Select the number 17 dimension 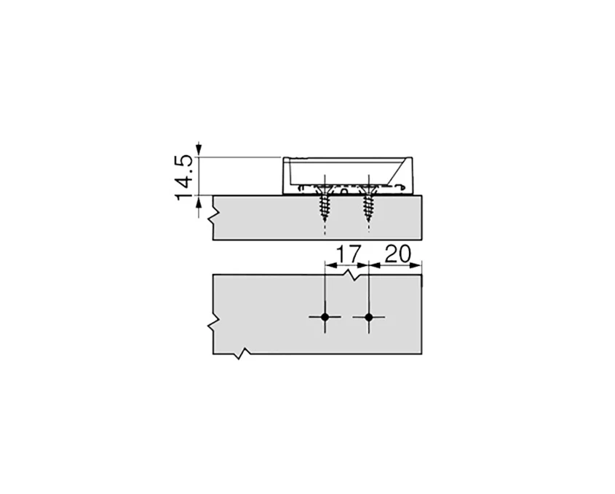pyautogui.click(x=346, y=254)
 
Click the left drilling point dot pyautogui.click(x=325, y=317)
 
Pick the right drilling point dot pyautogui.click(x=369, y=317)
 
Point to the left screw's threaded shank pyautogui.click(x=322, y=211)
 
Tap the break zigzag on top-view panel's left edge pyautogui.click(x=213, y=322)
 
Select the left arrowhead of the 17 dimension pyautogui.click(x=328, y=267)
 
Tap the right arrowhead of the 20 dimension pyautogui.click(x=419, y=267)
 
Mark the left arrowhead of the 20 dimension pyautogui.click(x=373, y=267)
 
